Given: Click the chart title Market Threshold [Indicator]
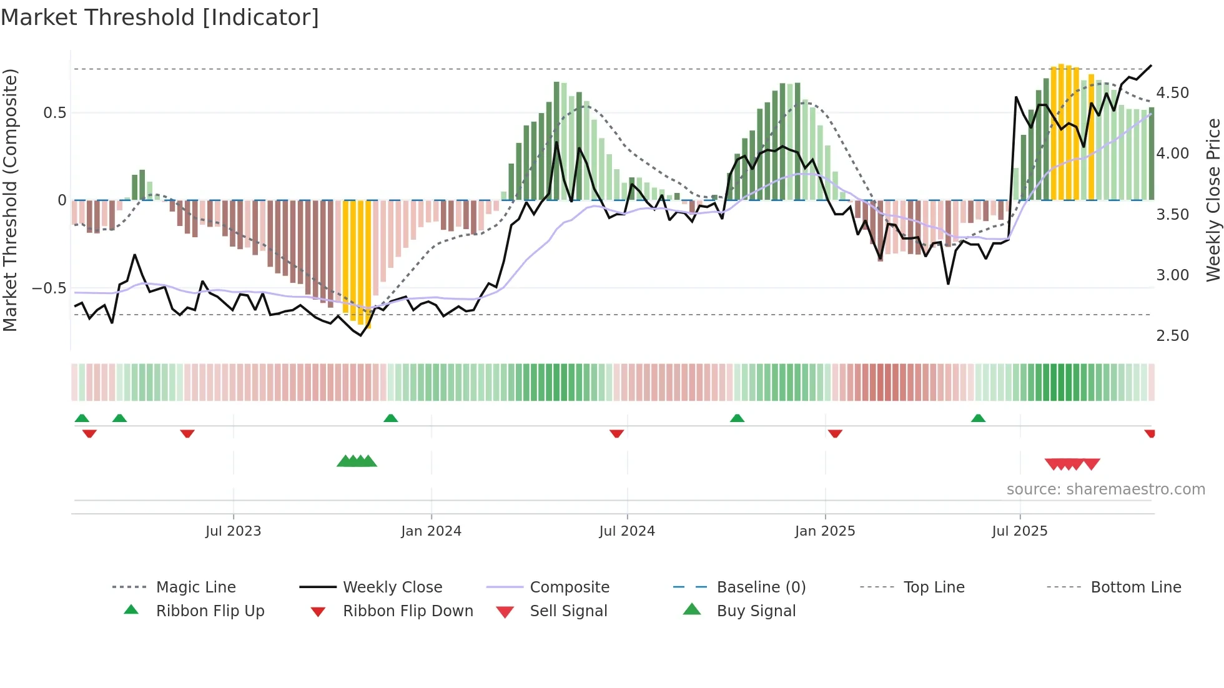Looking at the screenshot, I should click(160, 17).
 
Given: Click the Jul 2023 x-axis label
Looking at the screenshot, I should click(233, 531).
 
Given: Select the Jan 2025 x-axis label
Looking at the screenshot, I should click(824, 531).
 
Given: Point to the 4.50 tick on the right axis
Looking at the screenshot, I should click(1172, 93).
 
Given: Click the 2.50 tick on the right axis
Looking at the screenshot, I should click(1172, 336).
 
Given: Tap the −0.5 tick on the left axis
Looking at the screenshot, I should click(49, 288).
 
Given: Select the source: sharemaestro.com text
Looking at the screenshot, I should click(1105, 489).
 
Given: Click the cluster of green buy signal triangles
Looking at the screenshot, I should click(357, 461).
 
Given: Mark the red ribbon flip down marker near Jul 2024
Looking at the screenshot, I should click(616, 433).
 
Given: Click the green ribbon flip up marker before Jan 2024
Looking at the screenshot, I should click(390, 418).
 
